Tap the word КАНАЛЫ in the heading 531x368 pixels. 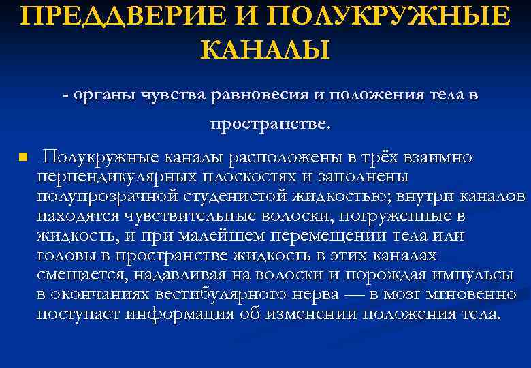coord(265,50)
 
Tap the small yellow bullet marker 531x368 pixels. coord(22,157)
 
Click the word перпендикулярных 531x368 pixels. coord(114,177)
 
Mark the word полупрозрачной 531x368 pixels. coord(108,197)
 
